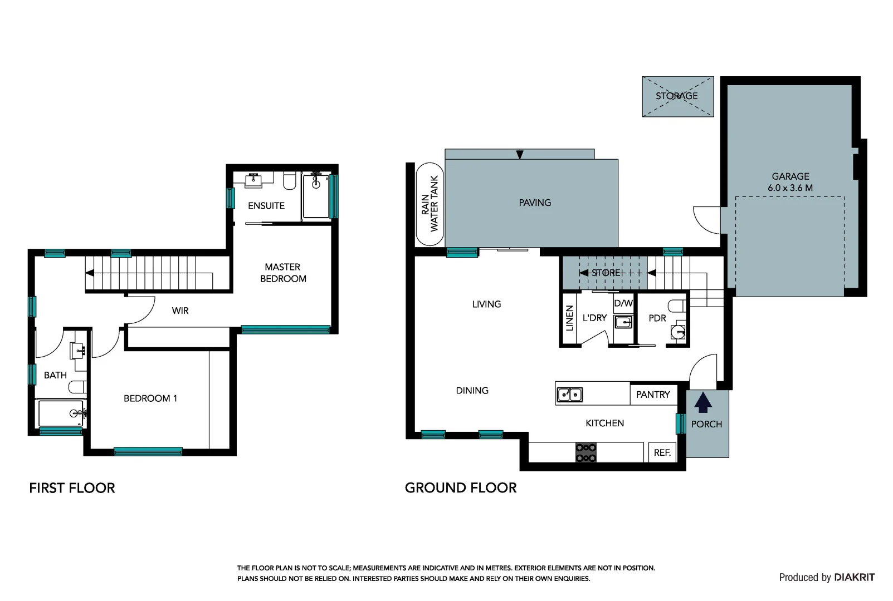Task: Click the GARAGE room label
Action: tap(790, 176)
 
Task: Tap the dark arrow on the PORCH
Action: tap(703, 402)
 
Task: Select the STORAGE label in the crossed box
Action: tap(676, 96)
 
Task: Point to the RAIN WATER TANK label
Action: tap(430, 204)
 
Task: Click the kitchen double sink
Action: tap(570, 395)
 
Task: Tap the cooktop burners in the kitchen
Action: tap(585, 453)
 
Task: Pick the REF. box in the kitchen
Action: tap(662, 452)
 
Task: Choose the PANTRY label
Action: tap(652, 395)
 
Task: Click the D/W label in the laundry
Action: tap(623, 303)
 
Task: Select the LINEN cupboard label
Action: tap(569, 318)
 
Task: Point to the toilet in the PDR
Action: tap(677, 306)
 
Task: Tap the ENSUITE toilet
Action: tap(289, 181)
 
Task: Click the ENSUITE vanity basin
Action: tap(253, 180)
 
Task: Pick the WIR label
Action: tap(180, 311)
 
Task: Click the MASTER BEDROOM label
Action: tap(283, 273)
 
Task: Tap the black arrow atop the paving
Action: tap(519, 154)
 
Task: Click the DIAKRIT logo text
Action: tap(855, 577)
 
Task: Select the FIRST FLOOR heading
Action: tap(72, 488)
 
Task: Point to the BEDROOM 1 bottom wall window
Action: tap(148, 451)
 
